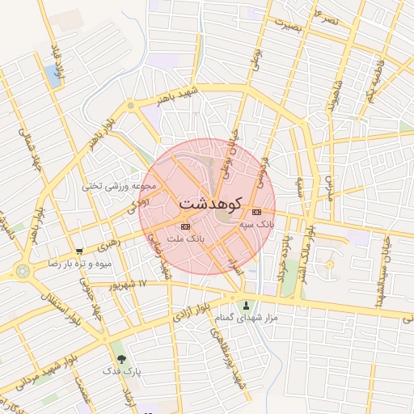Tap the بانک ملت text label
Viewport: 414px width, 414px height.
click(x=186, y=239)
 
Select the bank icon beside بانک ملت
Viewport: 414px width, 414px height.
click(x=186, y=226)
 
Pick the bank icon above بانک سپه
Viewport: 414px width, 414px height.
click(x=257, y=213)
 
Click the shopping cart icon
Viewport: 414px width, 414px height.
click(x=78, y=251)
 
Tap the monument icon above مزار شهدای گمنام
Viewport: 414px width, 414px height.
click(x=247, y=306)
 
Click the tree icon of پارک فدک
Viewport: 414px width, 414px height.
click(x=121, y=357)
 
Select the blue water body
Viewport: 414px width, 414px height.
click(x=53, y=76)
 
